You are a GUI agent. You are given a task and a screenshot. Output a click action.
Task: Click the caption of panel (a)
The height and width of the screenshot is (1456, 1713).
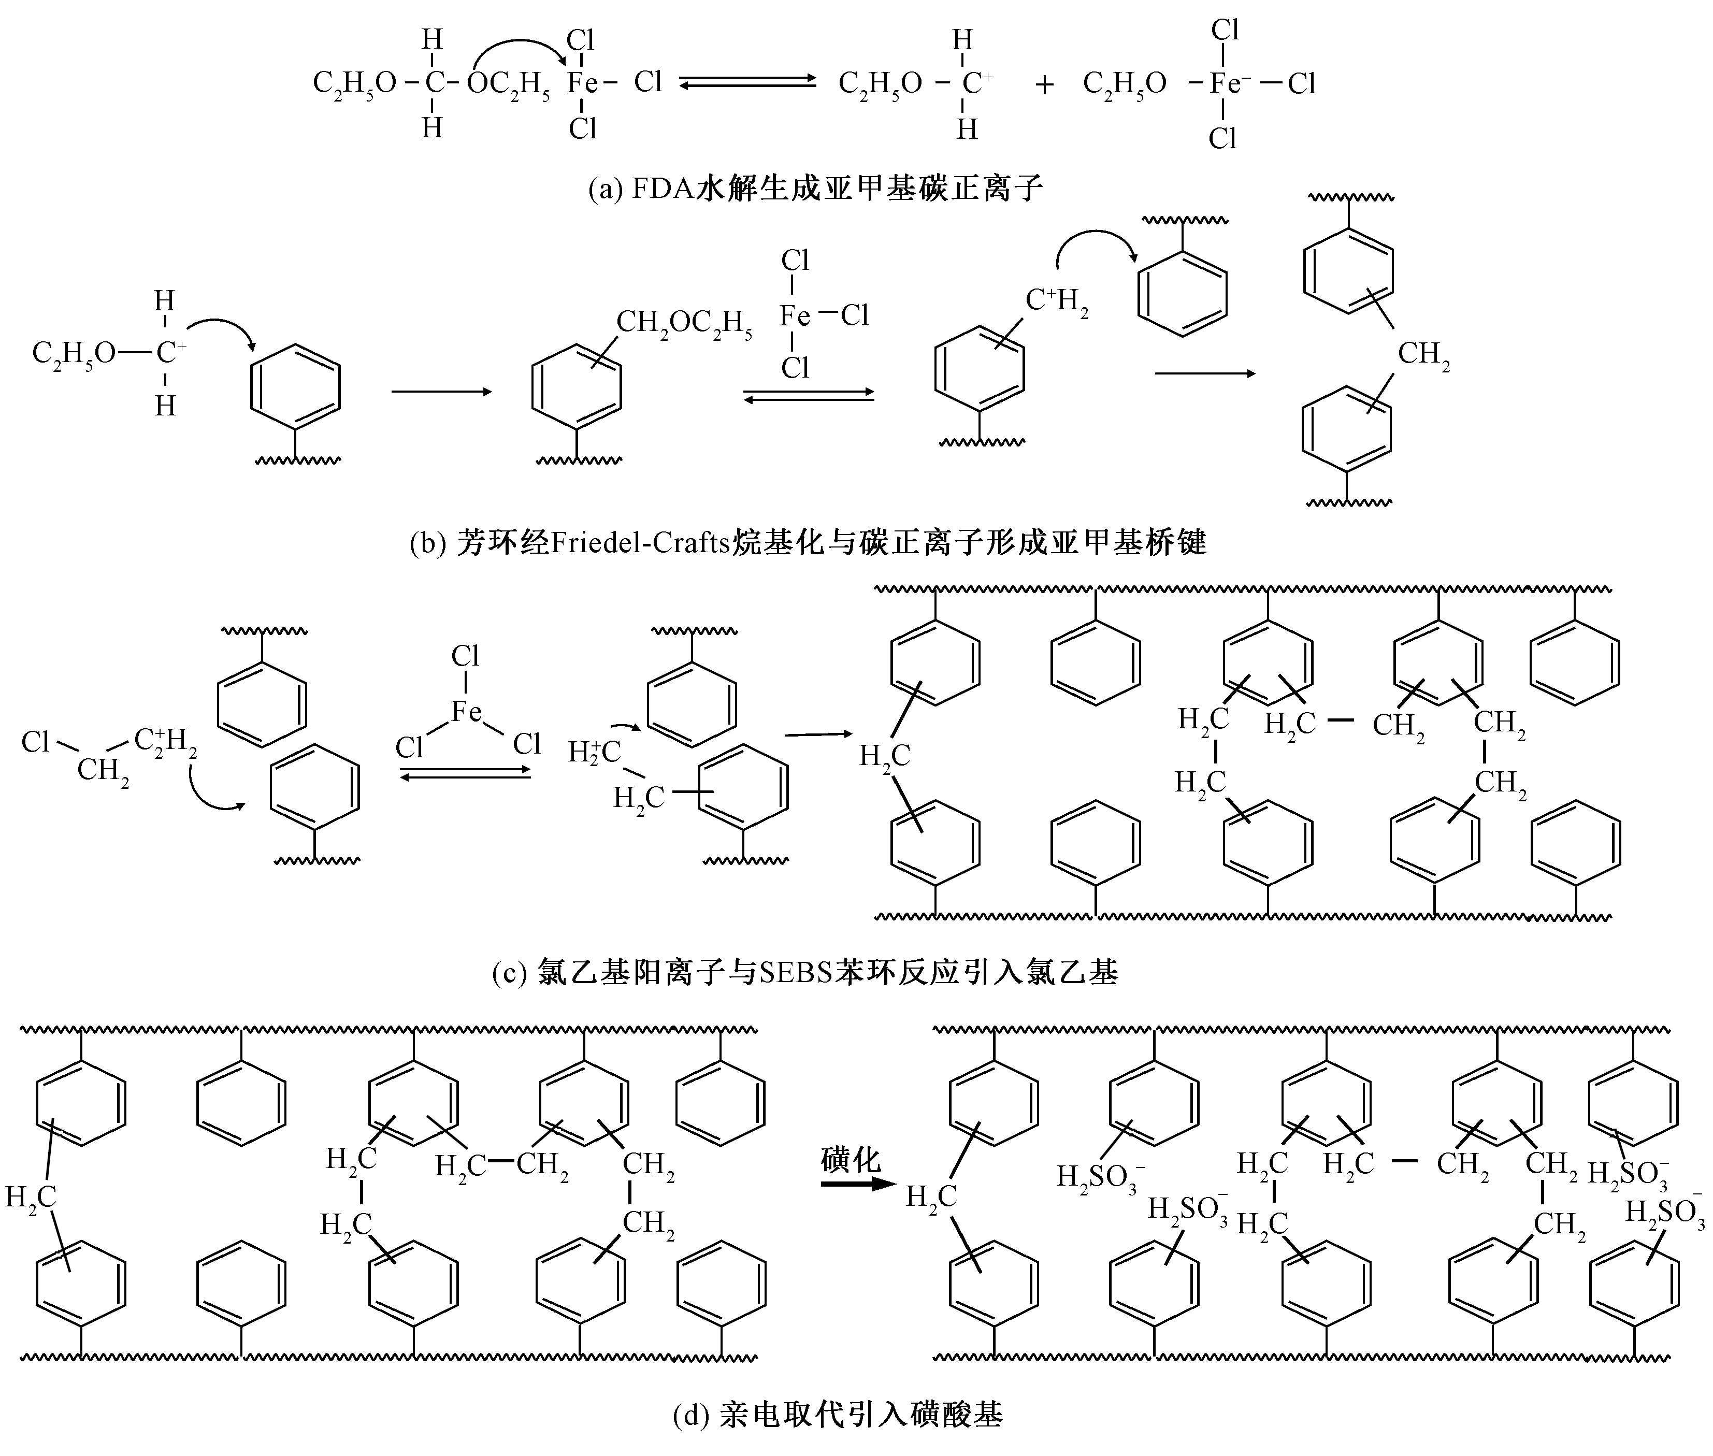pos(816,189)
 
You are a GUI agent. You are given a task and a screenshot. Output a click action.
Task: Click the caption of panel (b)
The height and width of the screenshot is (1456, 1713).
pos(808,542)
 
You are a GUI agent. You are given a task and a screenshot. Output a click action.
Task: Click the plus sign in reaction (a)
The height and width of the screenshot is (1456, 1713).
pos(1044,85)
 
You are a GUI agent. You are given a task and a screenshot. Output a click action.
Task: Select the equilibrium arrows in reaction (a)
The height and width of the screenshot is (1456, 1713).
pos(747,82)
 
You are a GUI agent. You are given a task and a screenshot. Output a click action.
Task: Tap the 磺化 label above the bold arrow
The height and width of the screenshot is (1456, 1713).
pos(851,1160)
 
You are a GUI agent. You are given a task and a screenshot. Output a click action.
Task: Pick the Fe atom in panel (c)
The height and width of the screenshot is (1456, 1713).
pos(466,712)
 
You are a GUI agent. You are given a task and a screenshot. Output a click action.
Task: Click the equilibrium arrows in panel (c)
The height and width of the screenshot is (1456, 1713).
pos(465,773)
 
